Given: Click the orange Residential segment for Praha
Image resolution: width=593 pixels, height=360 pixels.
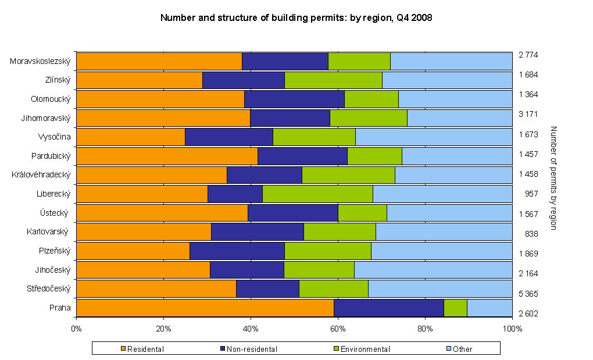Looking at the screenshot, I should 205,308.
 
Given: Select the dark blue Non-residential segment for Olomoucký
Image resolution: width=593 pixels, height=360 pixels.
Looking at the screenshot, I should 294,99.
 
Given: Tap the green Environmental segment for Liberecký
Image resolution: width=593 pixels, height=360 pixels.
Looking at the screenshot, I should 317,194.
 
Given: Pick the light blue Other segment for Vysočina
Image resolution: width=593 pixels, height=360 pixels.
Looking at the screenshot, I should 434,137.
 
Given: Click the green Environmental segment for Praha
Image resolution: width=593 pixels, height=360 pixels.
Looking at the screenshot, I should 455,308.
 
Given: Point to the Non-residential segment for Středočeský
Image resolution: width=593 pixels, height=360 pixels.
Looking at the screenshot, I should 267,288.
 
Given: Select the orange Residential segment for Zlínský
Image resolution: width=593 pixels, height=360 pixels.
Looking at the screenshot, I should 140,80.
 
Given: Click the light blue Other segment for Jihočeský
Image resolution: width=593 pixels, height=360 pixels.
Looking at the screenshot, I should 433,270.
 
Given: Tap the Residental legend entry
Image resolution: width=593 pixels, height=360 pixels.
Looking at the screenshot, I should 142,349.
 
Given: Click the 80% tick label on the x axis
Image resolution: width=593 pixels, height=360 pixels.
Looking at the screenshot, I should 425,329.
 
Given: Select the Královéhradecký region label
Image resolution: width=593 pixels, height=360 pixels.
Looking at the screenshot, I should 41,174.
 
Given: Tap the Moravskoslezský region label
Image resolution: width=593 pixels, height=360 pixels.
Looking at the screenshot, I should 40,60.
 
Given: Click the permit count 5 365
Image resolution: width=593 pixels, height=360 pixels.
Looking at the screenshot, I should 528,294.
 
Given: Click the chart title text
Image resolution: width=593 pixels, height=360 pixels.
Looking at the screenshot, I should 296,18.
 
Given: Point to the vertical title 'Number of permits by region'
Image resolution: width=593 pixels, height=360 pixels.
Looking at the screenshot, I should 553,177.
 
